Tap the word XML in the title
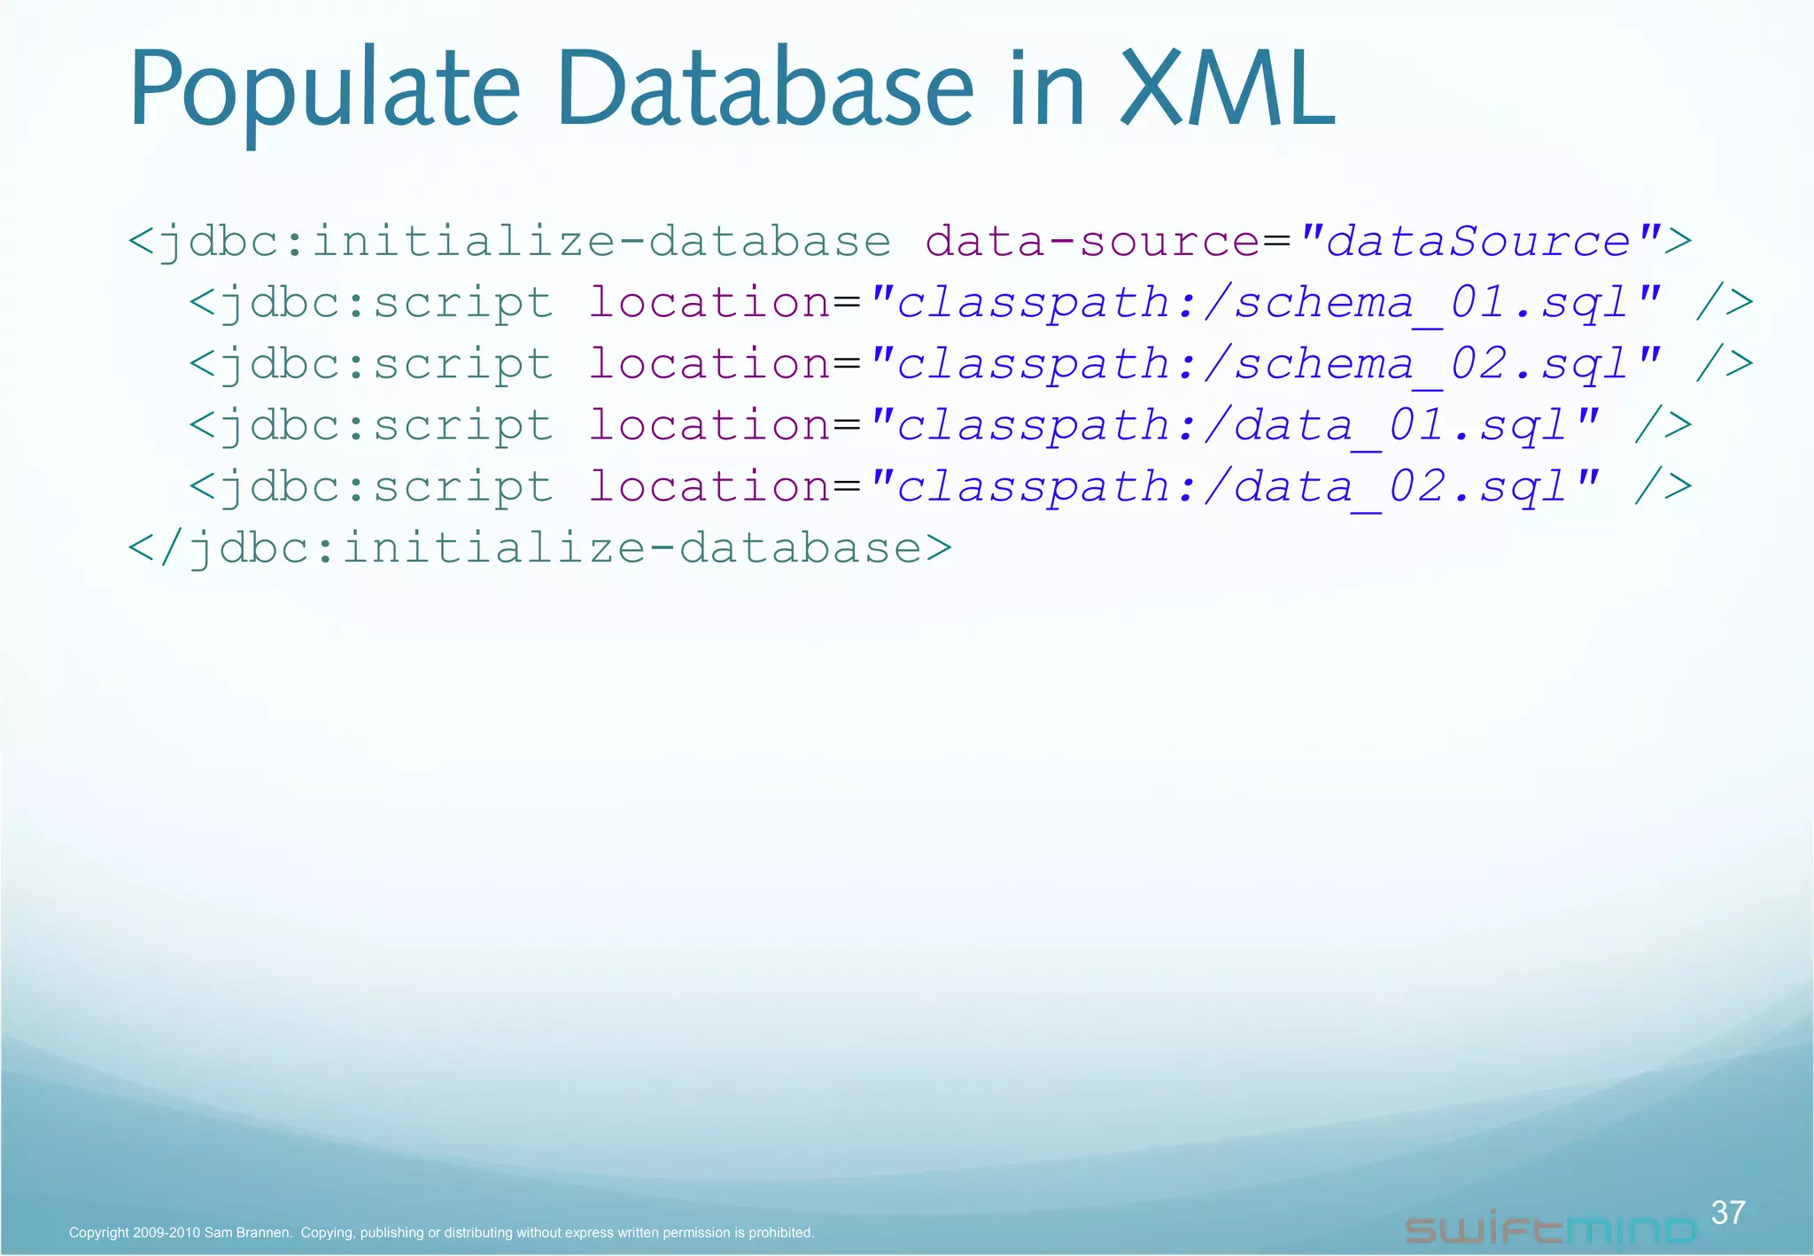click(x=1227, y=89)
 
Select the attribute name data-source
click(x=1092, y=241)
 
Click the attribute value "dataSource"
click(x=1478, y=241)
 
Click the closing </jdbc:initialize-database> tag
click(x=540, y=548)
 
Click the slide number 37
click(x=1728, y=1212)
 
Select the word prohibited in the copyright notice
click(x=780, y=1232)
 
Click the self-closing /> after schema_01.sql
click(x=1724, y=303)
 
